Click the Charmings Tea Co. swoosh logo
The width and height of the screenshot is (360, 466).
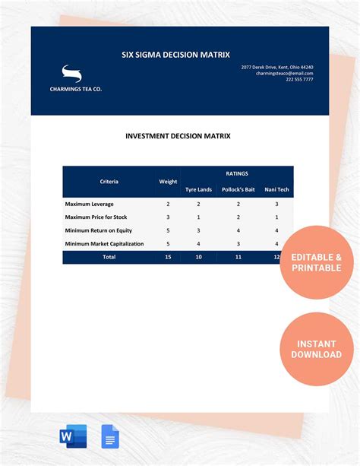click(x=71, y=74)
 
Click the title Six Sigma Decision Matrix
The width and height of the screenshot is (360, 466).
click(x=176, y=55)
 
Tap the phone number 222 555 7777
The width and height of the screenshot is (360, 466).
click(x=299, y=80)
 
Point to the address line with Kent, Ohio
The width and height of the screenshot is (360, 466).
click(x=277, y=67)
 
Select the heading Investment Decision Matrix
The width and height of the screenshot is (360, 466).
click(x=178, y=137)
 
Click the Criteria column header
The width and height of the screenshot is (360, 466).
click(x=109, y=182)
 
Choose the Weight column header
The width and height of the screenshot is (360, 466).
click(x=168, y=182)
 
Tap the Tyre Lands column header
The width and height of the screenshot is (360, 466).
click(x=198, y=189)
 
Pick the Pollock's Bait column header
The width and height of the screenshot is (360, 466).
click(x=238, y=189)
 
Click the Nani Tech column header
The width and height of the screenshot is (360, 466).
click(x=276, y=189)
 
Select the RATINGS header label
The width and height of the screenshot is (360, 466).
click(x=237, y=173)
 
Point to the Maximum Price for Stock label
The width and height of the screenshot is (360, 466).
click(x=96, y=217)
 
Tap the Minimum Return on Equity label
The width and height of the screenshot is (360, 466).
click(x=99, y=230)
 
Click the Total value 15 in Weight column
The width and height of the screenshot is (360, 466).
click(x=168, y=257)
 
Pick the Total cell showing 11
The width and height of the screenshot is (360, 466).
click(x=238, y=257)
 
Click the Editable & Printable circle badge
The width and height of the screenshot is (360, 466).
click(x=317, y=262)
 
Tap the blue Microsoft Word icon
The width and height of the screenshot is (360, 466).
click(x=73, y=437)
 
